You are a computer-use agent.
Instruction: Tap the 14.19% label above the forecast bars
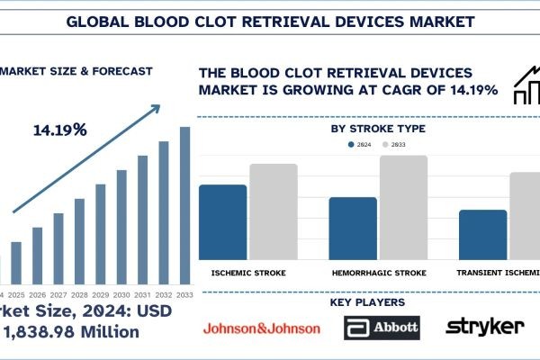[61, 130]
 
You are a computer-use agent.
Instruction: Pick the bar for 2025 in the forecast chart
[15, 261]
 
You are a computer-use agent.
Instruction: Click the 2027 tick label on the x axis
[58, 295]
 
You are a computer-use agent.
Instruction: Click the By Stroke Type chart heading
[378, 129]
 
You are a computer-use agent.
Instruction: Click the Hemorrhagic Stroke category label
[378, 272]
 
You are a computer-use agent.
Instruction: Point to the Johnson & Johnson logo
[261, 328]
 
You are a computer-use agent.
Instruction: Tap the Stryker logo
[485, 326]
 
